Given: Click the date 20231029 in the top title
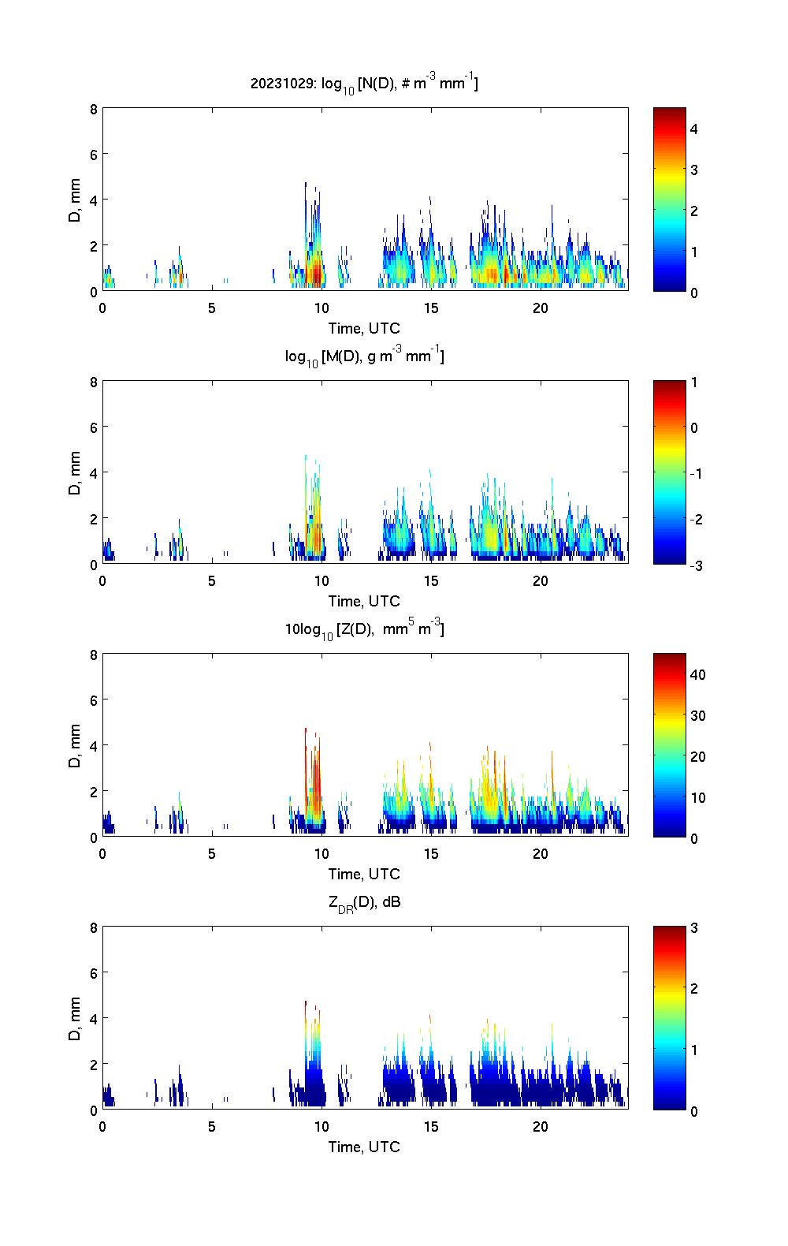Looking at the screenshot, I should point(281,83).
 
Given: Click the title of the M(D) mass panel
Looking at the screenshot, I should point(364,356).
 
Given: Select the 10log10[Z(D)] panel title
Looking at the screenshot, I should point(364,629).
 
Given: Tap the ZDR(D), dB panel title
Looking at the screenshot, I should point(364,902).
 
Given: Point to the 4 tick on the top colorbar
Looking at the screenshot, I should point(694,129).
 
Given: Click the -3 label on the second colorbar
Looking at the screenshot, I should point(693,565).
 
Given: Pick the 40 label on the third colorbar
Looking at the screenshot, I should point(697,674).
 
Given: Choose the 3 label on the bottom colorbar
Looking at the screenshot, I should point(694,928).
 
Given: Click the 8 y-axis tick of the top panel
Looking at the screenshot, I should point(94,109).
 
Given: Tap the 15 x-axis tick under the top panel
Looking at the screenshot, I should point(430,308).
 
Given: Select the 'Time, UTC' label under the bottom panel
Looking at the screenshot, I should point(364,1147).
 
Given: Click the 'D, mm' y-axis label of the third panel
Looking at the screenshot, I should point(76,746).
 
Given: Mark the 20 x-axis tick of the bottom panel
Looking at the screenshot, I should point(540,1127).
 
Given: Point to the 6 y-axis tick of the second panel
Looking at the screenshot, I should point(94,427).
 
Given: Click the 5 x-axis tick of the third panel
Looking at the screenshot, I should point(212,854).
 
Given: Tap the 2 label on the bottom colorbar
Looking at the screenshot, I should point(694,989).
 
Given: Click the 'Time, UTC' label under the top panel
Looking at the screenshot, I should point(364,328).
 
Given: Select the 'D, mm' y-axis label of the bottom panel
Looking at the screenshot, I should point(76,1019).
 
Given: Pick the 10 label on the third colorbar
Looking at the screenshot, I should point(697,797).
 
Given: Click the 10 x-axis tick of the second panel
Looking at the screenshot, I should point(321,581).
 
